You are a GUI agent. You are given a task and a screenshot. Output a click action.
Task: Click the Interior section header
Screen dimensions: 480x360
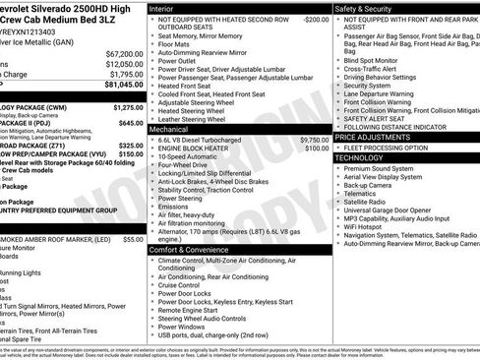tap(162, 7)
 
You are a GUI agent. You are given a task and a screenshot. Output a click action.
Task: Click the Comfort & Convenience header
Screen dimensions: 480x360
tap(188, 250)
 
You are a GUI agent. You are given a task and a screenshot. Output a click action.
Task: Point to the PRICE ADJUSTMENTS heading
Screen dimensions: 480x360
tap(374, 136)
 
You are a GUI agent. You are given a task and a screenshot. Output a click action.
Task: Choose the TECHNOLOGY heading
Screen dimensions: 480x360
tap(359, 157)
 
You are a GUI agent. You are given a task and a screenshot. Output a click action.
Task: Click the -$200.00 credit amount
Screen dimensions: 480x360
tap(315, 19)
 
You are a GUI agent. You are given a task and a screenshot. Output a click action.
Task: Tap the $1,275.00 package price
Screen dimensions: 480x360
tap(128, 106)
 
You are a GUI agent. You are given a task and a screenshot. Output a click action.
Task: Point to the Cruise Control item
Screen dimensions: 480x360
tap(185, 285)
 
